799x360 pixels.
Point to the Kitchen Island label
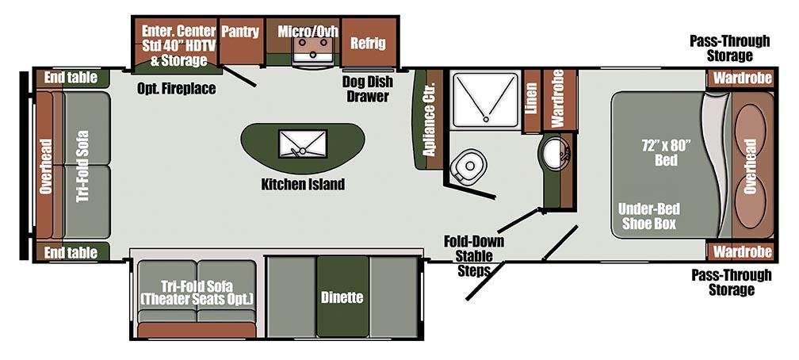pyautogui.click(x=303, y=185)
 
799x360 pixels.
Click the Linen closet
pyautogui.click(x=532, y=101)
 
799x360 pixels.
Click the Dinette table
pyautogui.click(x=342, y=298)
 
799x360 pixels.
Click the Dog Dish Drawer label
pyautogui.click(x=365, y=89)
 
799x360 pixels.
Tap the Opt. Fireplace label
pyautogui.click(x=176, y=89)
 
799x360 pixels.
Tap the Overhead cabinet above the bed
pyautogui.click(x=750, y=165)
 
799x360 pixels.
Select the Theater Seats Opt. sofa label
pyautogui.click(x=195, y=293)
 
